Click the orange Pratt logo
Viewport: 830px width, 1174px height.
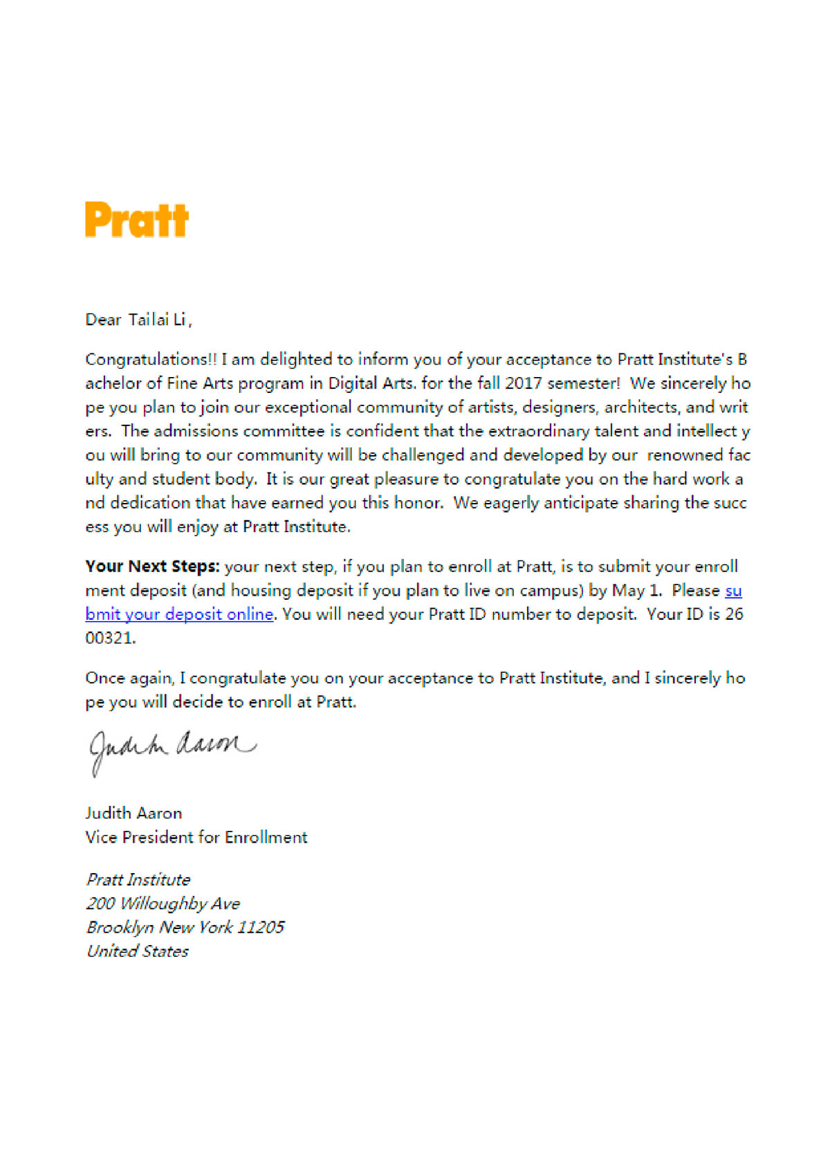pos(136,220)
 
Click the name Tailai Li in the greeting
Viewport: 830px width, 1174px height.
pos(158,320)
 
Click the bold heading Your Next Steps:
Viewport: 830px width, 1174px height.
pos(152,567)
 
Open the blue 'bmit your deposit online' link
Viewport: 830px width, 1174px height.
pos(179,614)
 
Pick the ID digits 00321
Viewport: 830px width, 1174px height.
pos(109,638)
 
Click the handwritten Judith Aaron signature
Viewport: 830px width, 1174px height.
pos(172,749)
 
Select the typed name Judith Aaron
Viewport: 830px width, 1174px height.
pos(133,813)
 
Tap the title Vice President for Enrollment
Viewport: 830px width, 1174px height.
pos(196,837)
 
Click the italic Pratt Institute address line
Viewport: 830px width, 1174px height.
pos(138,879)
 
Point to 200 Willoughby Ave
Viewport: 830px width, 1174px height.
pos(163,904)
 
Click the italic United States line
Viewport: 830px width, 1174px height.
pos(138,951)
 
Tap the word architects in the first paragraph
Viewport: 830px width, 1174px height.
pos(643,407)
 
